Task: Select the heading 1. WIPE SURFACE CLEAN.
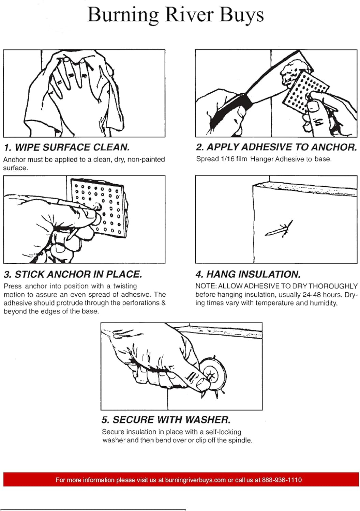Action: [67, 148]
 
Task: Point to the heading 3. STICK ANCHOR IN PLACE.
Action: [73, 274]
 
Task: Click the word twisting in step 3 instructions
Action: [125, 286]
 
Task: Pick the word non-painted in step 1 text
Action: [146, 159]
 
